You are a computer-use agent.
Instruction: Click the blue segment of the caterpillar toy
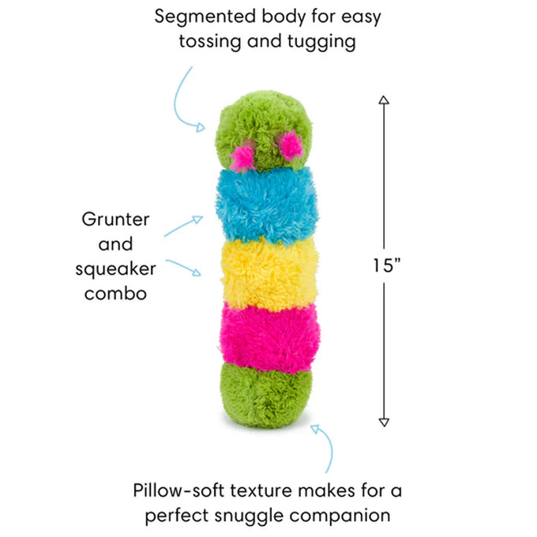(x=267, y=205)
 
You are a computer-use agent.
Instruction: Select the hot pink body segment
(x=270, y=337)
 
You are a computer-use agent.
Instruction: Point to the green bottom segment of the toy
(x=266, y=396)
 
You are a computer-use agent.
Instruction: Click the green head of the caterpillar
(x=264, y=131)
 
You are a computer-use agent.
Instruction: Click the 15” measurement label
(x=387, y=265)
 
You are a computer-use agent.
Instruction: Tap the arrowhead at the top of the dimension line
(x=384, y=100)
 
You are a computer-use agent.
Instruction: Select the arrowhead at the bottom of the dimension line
(x=384, y=422)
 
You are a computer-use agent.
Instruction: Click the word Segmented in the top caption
(x=205, y=17)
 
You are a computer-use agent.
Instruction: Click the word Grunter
(x=115, y=220)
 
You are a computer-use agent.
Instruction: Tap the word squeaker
(x=115, y=270)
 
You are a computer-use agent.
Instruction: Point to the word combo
(x=115, y=294)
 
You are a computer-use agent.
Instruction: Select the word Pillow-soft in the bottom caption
(x=179, y=490)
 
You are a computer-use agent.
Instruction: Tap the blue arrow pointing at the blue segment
(x=183, y=226)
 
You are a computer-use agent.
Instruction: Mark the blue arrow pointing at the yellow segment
(x=183, y=266)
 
